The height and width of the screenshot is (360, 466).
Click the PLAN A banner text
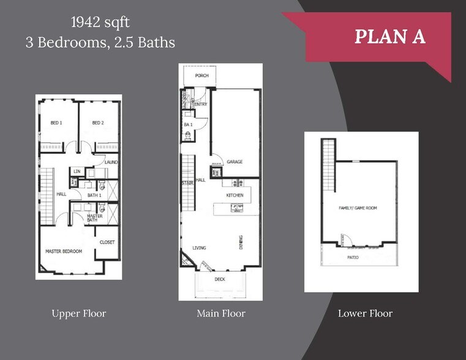[x=390, y=36]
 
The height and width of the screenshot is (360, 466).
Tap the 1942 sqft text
[x=100, y=23]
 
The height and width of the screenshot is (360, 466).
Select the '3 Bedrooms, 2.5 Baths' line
[x=100, y=42]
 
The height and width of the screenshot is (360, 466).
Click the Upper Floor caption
[x=79, y=313]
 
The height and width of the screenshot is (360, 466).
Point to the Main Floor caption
[x=220, y=313]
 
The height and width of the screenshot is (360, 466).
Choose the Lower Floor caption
[x=365, y=313]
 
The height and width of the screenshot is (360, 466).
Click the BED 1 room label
[x=56, y=123]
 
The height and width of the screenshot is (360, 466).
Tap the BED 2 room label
[x=98, y=123]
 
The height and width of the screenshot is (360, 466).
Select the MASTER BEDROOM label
[x=64, y=251]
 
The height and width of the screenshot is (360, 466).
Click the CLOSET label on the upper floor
[x=107, y=242]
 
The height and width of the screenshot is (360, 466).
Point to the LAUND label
[x=111, y=162]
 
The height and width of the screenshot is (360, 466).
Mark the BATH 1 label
[x=94, y=195]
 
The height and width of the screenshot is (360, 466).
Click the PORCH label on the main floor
[x=201, y=76]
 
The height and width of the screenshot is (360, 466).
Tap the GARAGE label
[x=235, y=162]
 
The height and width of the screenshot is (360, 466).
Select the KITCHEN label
[x=235, y=195]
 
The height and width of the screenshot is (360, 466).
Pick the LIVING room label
[x=199, y=248]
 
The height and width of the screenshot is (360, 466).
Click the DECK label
[x=220, y=279]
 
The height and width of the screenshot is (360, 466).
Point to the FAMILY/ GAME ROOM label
[x=358, y=208]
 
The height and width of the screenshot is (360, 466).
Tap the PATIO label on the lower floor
[x=353, y=257]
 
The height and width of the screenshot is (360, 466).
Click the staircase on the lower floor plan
[x=329, y=165]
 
